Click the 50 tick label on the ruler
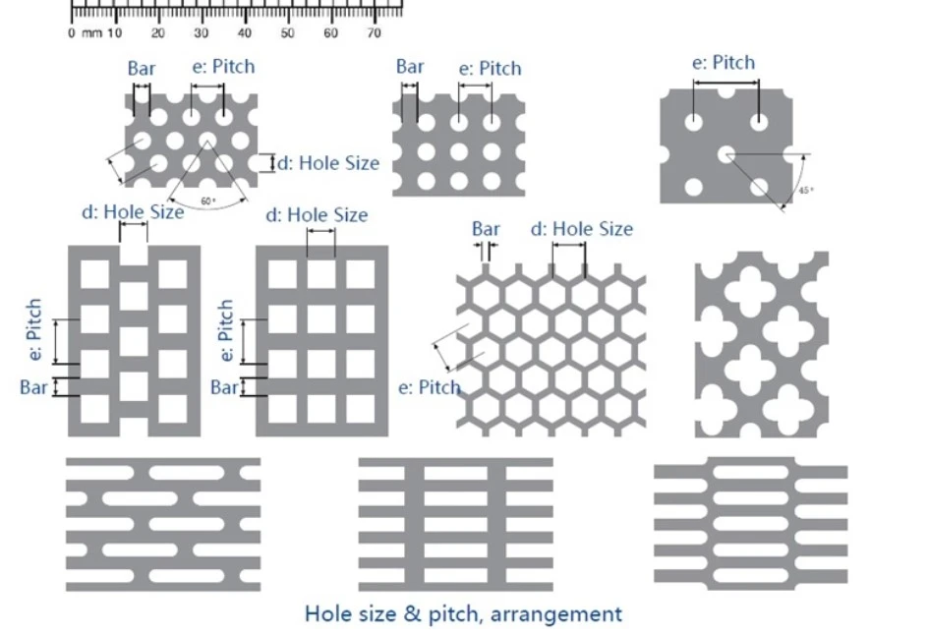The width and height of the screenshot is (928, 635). [x=287, y=33]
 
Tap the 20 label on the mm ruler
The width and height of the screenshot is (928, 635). [x=157, y=33]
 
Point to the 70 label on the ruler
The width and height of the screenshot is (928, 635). [x=374, y=33]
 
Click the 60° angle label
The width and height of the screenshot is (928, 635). [x=208, y=202]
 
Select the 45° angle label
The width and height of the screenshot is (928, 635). [x=806, y=190]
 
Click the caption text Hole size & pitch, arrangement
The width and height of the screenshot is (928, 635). [x=463, y=613]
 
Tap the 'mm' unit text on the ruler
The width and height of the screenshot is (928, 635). [x=91, y=33]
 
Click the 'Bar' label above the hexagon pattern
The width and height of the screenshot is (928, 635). [x=486, y=229]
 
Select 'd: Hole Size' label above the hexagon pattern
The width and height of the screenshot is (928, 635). [x=582, y=229]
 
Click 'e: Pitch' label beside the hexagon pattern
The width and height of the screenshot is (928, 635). [x=430, y=387]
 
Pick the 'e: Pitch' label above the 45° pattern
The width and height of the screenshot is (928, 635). [x=724, y=63]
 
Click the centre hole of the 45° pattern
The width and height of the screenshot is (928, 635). [x=726, y=155]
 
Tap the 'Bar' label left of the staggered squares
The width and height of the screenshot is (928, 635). [x=33, y=387]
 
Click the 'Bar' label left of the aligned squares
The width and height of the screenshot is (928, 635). [x=224, y=387]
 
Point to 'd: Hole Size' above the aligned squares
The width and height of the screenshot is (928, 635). [x=317, y=215]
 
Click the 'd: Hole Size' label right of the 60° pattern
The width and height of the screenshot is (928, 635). [x=328, y=163]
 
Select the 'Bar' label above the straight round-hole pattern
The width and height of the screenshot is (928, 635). [x=410, y=66]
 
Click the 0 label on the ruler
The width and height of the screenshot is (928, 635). [x=72, y=33]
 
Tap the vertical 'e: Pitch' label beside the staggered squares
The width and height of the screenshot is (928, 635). [x=34, y=329]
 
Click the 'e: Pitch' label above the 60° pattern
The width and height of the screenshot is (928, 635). [x=224, y=66]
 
